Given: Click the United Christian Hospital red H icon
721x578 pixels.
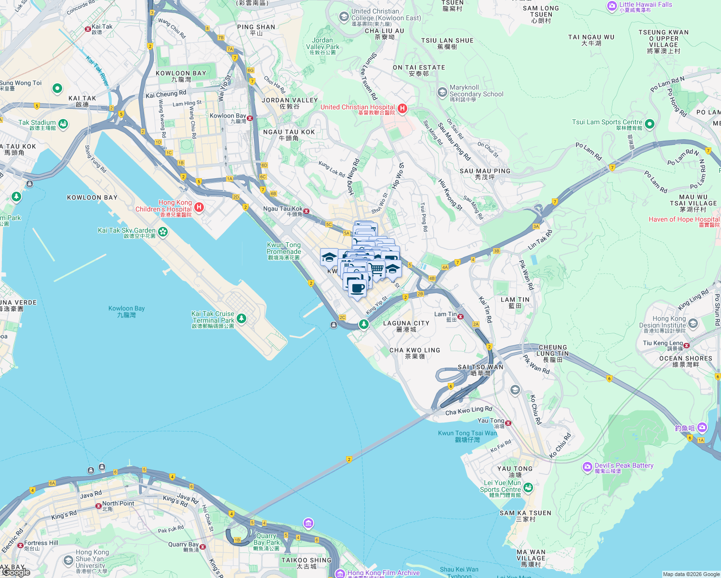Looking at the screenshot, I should coord(402,108).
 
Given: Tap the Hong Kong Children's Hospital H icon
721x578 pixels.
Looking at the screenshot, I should coord(199,208).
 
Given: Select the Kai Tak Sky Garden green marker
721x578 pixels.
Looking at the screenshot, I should coord(163,232).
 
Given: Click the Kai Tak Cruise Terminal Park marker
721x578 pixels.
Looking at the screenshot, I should coord(241,318).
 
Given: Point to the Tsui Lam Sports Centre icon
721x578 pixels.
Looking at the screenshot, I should coord(649,124).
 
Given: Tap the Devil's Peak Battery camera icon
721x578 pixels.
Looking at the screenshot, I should coord(587,467).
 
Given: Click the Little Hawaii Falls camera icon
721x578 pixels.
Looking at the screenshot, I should coord(612,6).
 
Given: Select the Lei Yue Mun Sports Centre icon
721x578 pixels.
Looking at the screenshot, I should coord(528,487).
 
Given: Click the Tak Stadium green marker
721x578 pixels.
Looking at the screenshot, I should coord(63,124).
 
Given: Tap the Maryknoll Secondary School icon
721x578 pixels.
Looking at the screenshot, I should coord(442,92).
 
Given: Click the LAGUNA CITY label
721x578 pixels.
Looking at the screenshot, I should coord(406,324).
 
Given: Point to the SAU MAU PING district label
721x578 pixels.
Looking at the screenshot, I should coord(484,171).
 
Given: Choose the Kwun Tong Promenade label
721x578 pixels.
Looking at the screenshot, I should coord(284,248).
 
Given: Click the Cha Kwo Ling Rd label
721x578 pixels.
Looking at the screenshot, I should coord(468,410).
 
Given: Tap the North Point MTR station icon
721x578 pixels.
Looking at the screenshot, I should coord(98,506).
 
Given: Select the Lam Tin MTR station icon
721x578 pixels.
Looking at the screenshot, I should coord(460,316).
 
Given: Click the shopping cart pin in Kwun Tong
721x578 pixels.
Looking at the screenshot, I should coord(377,268).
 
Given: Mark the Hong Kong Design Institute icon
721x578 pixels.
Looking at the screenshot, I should coord(693,323).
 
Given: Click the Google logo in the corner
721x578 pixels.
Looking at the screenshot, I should coord(15,572).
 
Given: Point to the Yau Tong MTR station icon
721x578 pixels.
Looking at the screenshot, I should coord(508,423).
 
